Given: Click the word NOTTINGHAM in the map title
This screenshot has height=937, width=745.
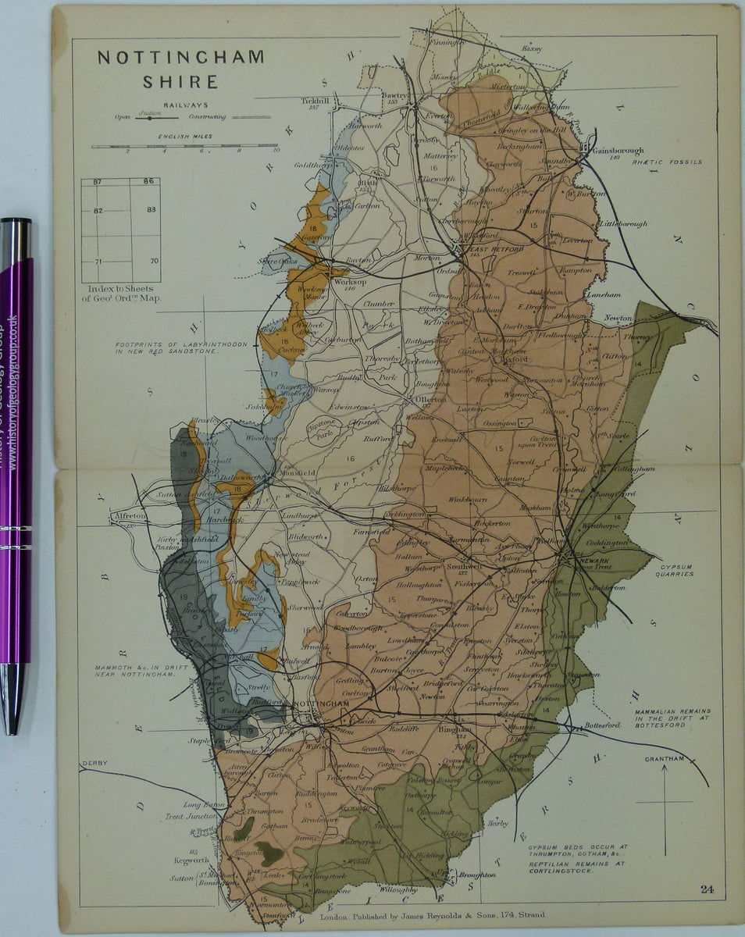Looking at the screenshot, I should pyautogui.click(x=180, y=58).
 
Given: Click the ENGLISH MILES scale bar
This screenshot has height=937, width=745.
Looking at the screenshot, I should pyautogui.click(x=185, y=146).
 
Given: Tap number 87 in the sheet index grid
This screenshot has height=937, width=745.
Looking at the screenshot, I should pyautogui.click(x=98, y=182).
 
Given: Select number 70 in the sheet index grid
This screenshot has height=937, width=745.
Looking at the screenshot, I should pyautogui.click(x=154, y=261).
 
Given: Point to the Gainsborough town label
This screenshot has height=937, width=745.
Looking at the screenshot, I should pyautogui.click(x=618, y=151).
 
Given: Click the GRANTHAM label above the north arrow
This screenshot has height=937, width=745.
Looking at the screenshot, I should pyautogui.click(x=664, y=758).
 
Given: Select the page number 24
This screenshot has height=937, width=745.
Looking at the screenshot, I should pyautogui.click(x=707, y=889).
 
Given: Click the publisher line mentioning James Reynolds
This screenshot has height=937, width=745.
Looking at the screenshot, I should pyautogui.click(x=432, y=914).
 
